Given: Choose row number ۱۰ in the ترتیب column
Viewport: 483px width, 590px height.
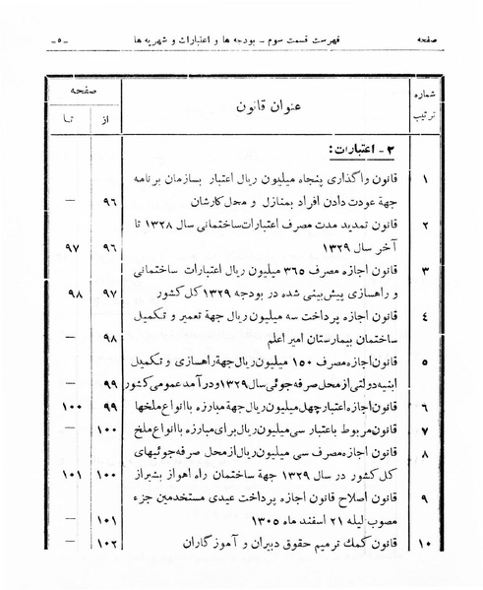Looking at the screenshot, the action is (x=424, y=542).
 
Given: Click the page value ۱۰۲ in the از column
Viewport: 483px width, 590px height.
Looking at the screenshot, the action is (x=108, y=542).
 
